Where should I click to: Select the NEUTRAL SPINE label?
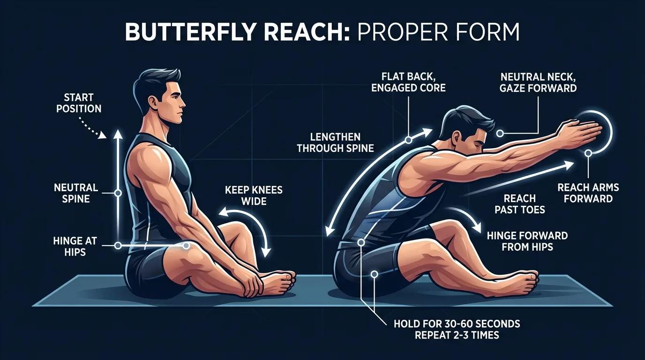[x=76, y=193]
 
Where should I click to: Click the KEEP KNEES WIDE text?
[x=254, y=195]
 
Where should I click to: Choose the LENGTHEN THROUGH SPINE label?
[x=335, y=142]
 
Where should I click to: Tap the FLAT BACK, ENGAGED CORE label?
[x=408, y=82]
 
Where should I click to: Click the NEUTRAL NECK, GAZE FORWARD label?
[x=539, y=82]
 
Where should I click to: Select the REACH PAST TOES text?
[x=520, y=204]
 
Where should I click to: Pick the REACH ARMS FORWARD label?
[x=588, y=193]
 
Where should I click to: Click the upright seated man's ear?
[x=157, y=101]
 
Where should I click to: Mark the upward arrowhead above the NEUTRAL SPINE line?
[x=118, y=135]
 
